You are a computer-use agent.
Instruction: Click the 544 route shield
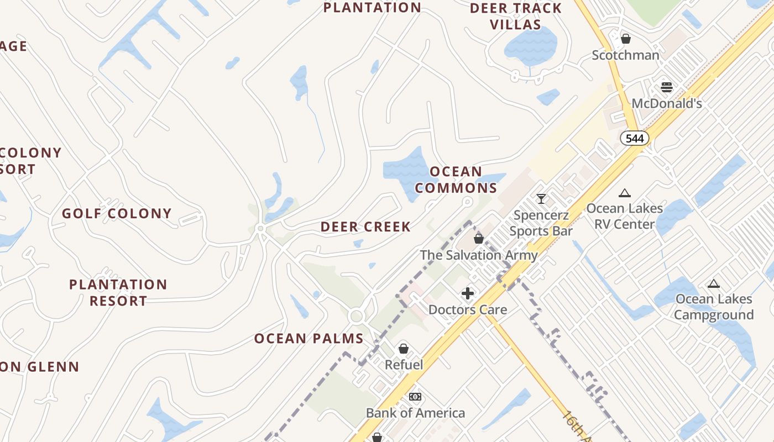pyautogui.click(x=634, y=138)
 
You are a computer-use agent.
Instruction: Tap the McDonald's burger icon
pyautogui.click(x=667, y=87)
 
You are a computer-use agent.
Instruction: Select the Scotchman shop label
pyautogui.click(x=625, y=55)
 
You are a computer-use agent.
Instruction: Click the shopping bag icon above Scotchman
pyautogui.click(x=626, y=39)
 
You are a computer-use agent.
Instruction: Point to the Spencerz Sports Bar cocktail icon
pyautogui.click(x=541, y=199)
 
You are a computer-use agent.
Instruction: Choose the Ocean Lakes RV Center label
pyautogui.click(x=624, y=216)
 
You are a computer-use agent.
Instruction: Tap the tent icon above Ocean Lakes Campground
pyautogui.click(x=714, y=284)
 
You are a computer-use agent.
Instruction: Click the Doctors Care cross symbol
pyautogui.click(x=468, y=293)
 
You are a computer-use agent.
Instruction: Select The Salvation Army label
pyautogui.click(x=478, y=255)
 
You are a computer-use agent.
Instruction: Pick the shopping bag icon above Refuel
pyautogui.click(x=404, y=349)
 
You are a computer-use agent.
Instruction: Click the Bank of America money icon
pyautogui.click(x=415, y=397)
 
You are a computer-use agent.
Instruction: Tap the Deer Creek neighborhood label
pyautogui.click(x=365, y=227)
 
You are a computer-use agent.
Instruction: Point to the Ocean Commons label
pyautogui.click(x=456, y=180)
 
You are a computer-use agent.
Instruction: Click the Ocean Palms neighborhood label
pyautogui.click(x=308, y=339)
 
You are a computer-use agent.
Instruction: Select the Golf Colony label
pyautogui.click(x=117, y=213)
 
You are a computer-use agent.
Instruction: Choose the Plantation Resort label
pyautogui.click(x=118, y=293)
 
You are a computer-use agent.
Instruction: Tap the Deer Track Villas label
pyautogui.click(x=516, y=17)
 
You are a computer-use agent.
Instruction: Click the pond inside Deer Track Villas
pyautogui.click(x=531, y=46)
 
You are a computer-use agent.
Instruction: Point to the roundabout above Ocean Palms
pyautogui.click(x=356, y=317)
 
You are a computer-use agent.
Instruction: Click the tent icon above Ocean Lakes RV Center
pyautogui.click(x=625, y=193)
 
